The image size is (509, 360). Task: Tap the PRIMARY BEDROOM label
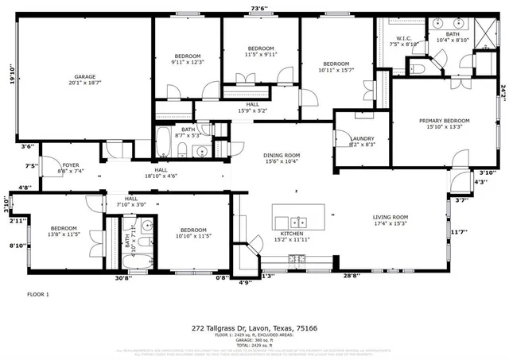(444, 121)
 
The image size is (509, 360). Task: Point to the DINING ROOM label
(282, 156)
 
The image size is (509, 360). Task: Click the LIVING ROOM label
(390, 217)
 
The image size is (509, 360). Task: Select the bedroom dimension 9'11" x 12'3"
(188, 62)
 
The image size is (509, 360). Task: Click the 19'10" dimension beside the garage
(10, 77)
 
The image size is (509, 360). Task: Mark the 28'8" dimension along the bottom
(350, 276)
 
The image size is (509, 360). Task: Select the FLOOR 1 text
(38, 295)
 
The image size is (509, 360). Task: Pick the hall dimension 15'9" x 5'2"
(252, 110)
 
